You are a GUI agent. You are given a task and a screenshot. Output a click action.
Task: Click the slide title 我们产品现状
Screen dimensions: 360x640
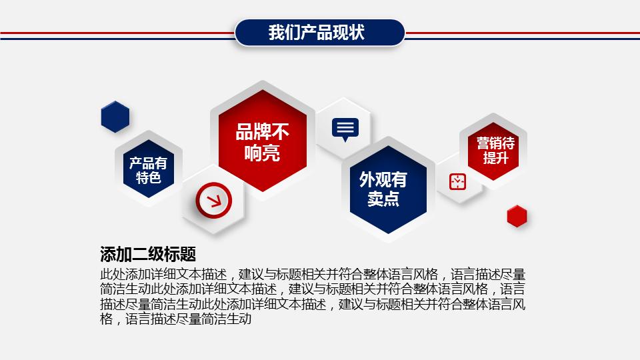coord(320,33)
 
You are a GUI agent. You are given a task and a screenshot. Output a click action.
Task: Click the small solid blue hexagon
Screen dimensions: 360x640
coord(115,117)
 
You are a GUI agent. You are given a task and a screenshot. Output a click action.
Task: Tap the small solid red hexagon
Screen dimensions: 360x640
coord(517,216)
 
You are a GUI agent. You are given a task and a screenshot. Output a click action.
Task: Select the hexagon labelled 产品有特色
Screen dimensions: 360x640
coord(148,170)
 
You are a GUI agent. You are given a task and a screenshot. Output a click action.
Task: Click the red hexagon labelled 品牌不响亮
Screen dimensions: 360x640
coord(262,142)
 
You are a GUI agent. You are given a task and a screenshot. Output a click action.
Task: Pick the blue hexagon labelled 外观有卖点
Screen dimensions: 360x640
coord(383,189)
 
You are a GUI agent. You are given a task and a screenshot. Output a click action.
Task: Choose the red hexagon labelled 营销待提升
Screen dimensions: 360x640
coord(495,150)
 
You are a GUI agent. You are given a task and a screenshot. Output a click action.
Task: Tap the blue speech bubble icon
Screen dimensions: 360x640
coord(345,129)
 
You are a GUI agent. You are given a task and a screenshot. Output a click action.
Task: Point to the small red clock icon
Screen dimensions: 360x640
coord(458,181)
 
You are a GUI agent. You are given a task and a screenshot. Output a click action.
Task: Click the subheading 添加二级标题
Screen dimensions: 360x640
coord(147,254)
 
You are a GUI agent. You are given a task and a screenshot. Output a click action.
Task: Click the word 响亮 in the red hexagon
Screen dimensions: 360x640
coord(262,153)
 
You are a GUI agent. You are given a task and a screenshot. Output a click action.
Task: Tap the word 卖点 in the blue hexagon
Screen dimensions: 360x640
coord(383,199)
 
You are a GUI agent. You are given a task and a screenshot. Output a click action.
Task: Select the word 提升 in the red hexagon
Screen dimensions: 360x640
coord(495,158)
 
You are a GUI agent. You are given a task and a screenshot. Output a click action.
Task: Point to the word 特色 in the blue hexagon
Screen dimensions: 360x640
coord(148,178)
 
